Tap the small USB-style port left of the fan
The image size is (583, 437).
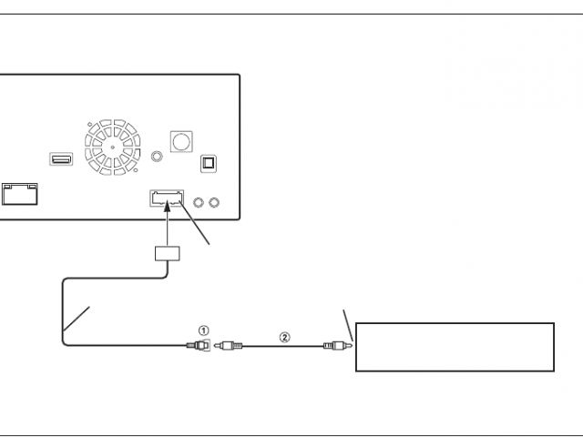tap(62, 161)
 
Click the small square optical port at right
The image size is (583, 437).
tap(208, 163)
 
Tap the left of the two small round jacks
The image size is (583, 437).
tap(199, 201)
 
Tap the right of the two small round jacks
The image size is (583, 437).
tap(215, 201)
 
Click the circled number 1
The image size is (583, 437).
tap(204, 330)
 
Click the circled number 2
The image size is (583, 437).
tap(284, 337)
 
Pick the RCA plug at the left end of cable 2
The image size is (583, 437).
tap(229, 345)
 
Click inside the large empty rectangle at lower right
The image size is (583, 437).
tap(455, 347)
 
